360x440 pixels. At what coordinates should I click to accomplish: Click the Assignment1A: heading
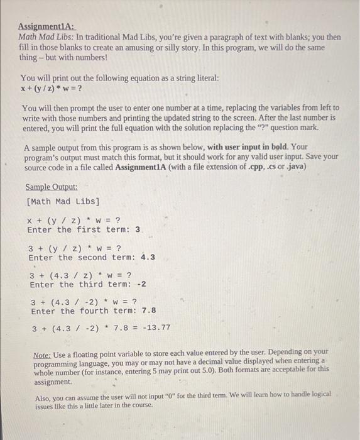coord(45,27)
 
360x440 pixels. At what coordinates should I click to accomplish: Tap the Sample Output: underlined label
coord(52,187)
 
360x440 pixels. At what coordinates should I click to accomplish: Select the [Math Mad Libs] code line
coord(63,201)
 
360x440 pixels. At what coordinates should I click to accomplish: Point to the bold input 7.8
coord(149,311)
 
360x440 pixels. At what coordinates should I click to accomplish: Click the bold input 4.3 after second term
coord(148,257)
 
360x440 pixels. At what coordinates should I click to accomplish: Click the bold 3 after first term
coord(138,230)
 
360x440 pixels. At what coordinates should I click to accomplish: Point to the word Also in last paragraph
coord(43,397)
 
